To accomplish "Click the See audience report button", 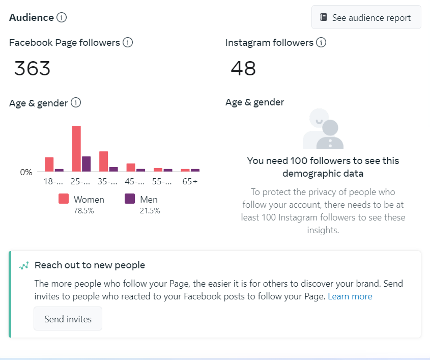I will pos(366,18).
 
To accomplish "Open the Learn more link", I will pos(350,296).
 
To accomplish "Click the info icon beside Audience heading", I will pos(62,17).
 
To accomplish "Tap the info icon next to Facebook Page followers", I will pos(128,43).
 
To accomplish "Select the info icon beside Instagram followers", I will pos(321,43).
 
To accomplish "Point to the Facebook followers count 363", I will pos(33,68).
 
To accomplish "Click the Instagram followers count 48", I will pos(243,68).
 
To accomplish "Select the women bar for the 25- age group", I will pos(76,148).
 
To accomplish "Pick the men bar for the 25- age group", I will pos(87,163).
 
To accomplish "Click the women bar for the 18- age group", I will pos(49,164).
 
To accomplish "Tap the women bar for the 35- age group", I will pos(103,161).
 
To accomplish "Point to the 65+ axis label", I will pos(190,182).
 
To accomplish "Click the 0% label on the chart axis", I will pos(26,172).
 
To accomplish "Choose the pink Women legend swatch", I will pos(64,199).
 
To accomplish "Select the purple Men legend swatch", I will pos(130,199).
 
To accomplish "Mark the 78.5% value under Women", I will pos(83,210).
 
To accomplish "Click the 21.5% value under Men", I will pos(150,210).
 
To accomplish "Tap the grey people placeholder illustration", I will pos(323,129).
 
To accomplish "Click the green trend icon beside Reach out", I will pos(24,265).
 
